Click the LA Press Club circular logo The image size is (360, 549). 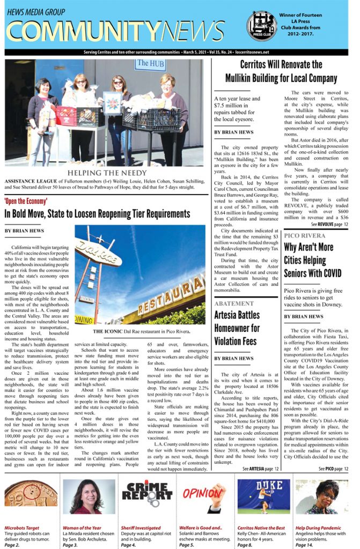pos(261,25)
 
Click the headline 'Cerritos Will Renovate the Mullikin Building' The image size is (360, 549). pos(281,71)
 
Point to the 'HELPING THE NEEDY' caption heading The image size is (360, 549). pos(107,173)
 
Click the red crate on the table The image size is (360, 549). pos(66,116)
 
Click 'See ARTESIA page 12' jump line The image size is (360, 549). pos(260,469)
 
